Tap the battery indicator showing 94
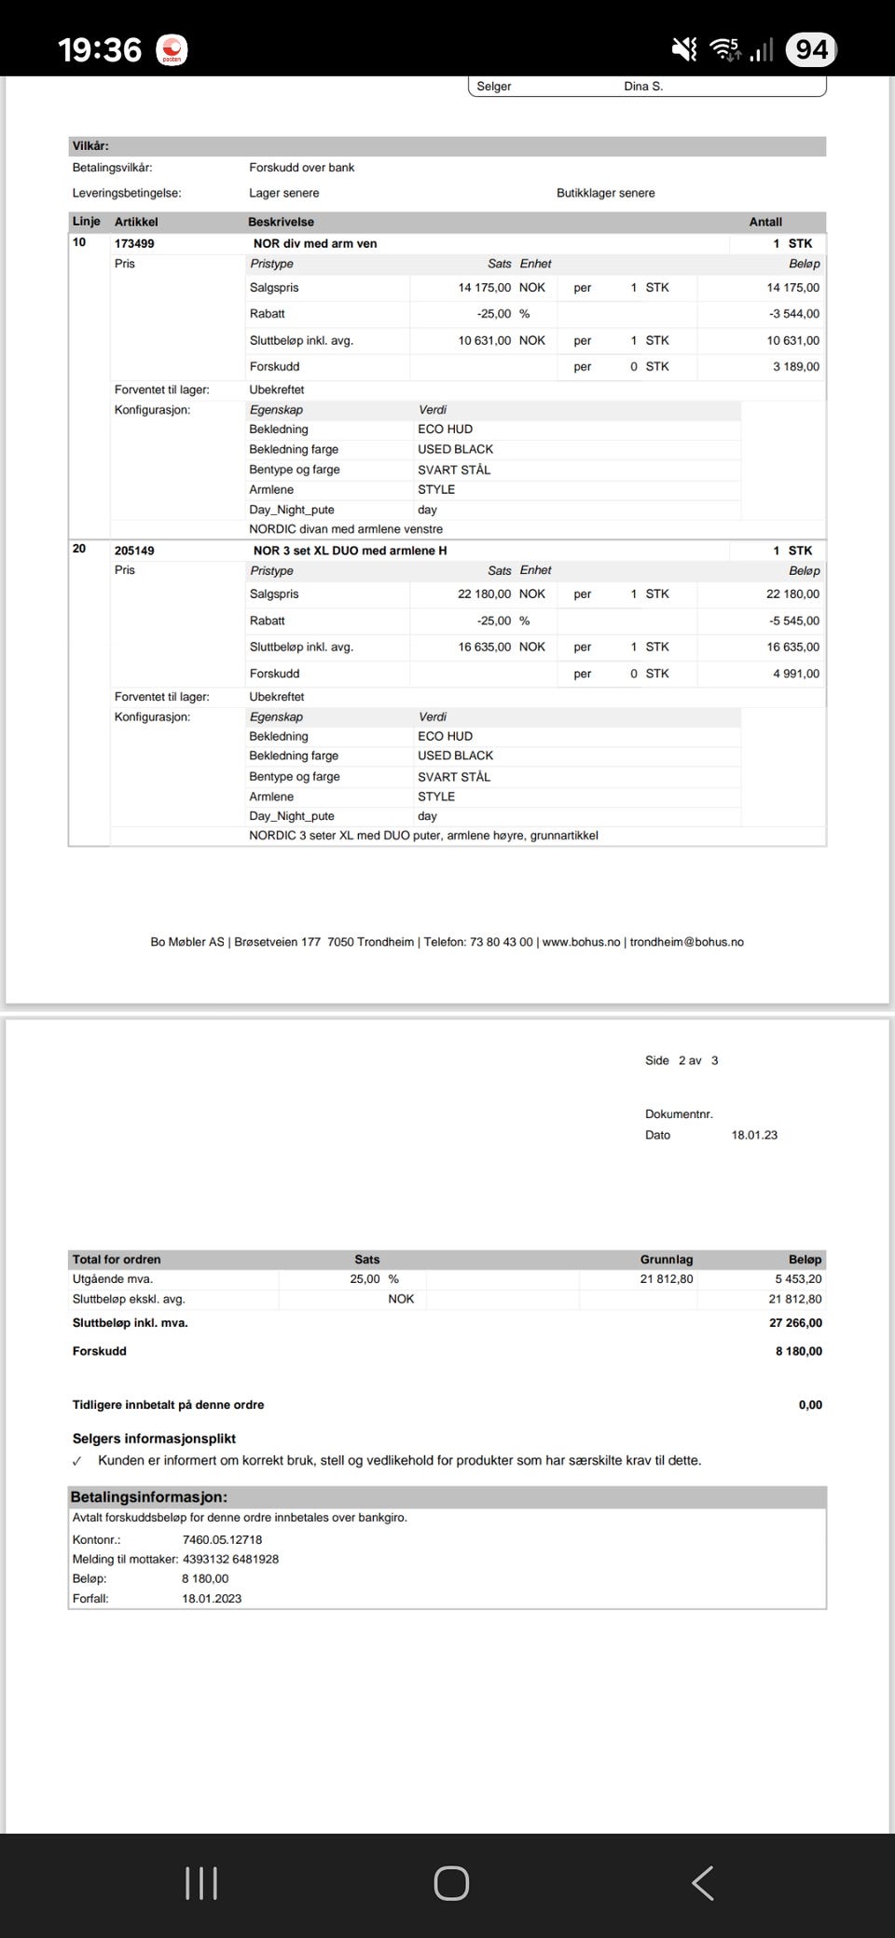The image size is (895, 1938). (x=811, y=48)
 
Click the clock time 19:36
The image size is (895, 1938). (x=100, y=49)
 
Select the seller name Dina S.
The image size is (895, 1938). (x=643, y=87)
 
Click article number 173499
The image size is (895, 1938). (x=134, y=243)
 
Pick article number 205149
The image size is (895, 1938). (x=134, y=551)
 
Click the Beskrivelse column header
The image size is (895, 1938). (x=281, y=222)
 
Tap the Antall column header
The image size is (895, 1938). (x=765, y=222)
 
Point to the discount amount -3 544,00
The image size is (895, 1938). (x=794, y=314)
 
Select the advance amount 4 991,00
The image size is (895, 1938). (x=796, y=674)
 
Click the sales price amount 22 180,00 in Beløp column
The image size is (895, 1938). (x=792, y=594)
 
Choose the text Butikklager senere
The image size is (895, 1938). (x=606, y=193)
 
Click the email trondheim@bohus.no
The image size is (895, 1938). (x=687, y=942)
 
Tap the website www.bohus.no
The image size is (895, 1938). (x=581, y=942)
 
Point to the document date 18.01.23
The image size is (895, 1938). (x=754, y=1135)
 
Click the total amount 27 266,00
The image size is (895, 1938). (x=795, y=1323)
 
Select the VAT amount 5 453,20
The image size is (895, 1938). (x=798, y=1279)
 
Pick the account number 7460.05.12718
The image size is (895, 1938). (x=222, y=1540)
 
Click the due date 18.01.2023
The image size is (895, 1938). (x=212, y=1599)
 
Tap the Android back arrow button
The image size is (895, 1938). (x=703, y=1883)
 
